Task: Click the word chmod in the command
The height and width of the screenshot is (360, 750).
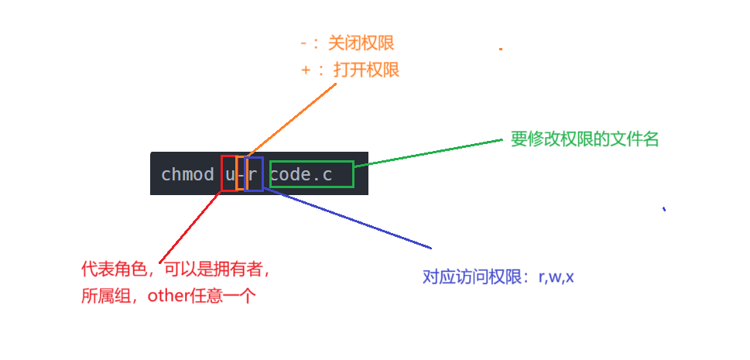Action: coord(187,175)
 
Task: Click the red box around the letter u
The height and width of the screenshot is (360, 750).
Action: coord(228,173)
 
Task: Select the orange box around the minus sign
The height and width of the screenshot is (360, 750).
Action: coord(241,173)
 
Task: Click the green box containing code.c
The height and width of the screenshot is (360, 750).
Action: coord(311,174)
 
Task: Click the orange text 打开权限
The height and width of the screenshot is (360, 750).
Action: coord(366,70)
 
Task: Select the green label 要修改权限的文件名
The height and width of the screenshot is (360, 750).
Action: coord(584,139)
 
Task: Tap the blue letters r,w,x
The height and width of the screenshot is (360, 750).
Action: coord(556,276)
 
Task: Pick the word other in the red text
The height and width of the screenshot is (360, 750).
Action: coord(168,295)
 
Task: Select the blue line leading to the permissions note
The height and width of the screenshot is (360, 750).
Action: coord(348,218)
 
